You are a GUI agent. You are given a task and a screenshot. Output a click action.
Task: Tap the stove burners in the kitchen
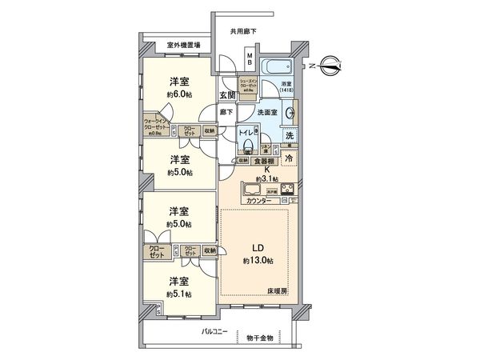pyautogui.click(x=287, y=190)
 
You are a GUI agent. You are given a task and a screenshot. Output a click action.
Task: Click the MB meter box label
pyautogui.click(x=250, y=60)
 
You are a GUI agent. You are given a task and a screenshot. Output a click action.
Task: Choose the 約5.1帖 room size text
pyautogui.click(x=178, y=294)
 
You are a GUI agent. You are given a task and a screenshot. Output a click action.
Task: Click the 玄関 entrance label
pyautogui.click(x=228, y=94)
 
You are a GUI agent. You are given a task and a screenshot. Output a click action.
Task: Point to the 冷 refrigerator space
pyautogui.click(x=288, y=158)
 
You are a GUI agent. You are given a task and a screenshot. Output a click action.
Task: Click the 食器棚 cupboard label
pyautogui.click(x=265, y=161)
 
